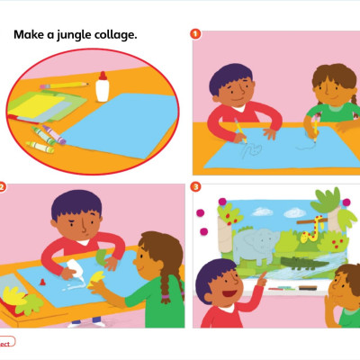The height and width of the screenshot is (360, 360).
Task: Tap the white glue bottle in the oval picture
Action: click(x=102, y=86)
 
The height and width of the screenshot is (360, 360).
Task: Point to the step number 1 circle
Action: click(x=194, y=34)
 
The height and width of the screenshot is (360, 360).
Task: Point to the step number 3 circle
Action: click(x=194, y=187)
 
